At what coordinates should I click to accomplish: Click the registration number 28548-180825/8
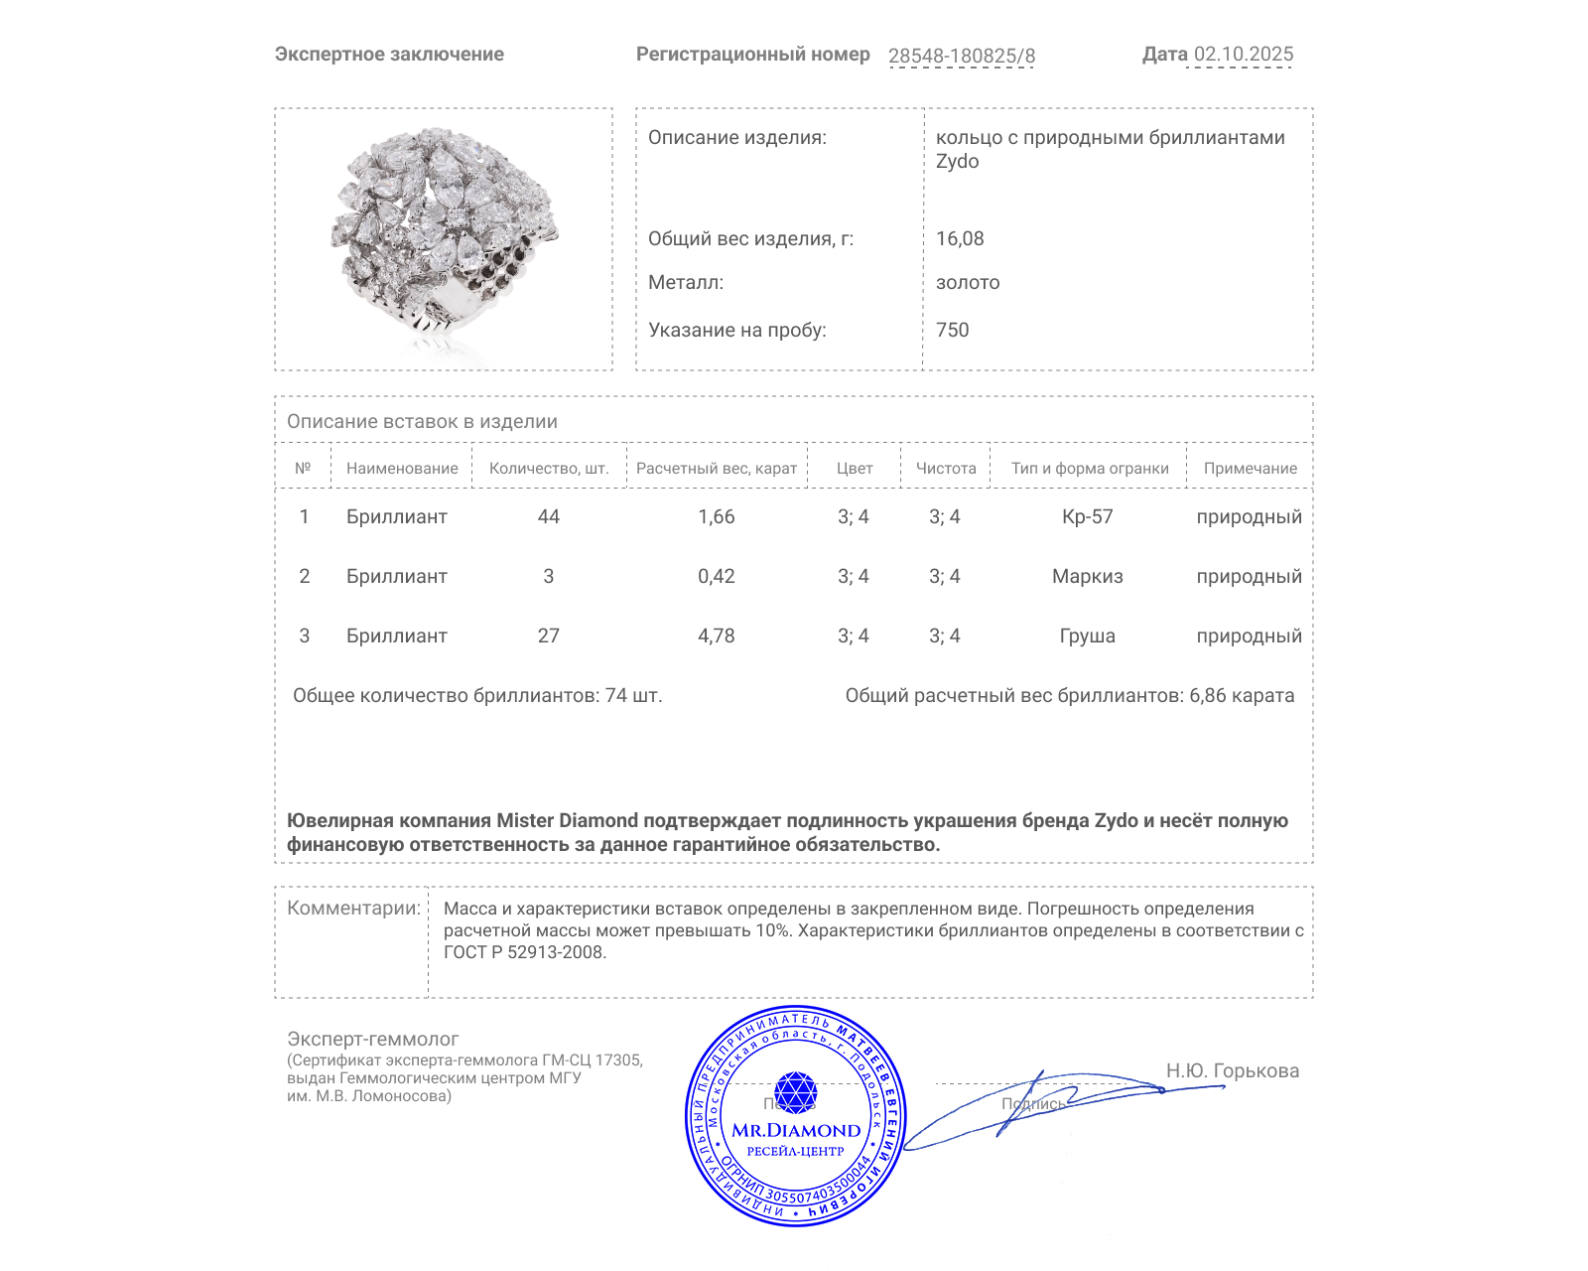[x=961, y=57]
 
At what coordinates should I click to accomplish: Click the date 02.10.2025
[x=1243, y=55]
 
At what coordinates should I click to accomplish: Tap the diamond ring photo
[x=444, y=238]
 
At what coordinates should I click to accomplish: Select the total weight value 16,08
[x=960, y=238]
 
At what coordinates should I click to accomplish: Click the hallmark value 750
[x=952, y=330]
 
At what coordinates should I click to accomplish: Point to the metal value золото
[x=968, y=283]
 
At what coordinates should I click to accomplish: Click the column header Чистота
[x=945, y=469]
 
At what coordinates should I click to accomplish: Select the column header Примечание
[x=1250, y=469]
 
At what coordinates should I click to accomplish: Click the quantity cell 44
[x=548, y=517]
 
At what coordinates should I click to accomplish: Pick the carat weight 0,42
[x=716, y=577]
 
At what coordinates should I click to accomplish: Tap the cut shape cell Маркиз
[x=1087, y=577]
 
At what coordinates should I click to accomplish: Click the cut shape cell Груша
[x=1087, y=636]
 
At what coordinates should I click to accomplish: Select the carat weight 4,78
[x=716, y=636]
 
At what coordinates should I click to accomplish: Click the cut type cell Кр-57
[x=1087, y=517]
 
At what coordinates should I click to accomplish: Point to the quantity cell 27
[x=548, y=636]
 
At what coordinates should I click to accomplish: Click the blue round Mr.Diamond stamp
[x=795, y=1118]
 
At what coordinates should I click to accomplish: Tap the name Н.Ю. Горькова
[x=1232, y=1071]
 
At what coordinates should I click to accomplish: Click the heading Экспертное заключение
[x=389, y=55]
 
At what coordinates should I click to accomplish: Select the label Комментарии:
[x=353, y=909]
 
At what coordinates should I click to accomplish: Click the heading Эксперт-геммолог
[x=372, y=1040]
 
